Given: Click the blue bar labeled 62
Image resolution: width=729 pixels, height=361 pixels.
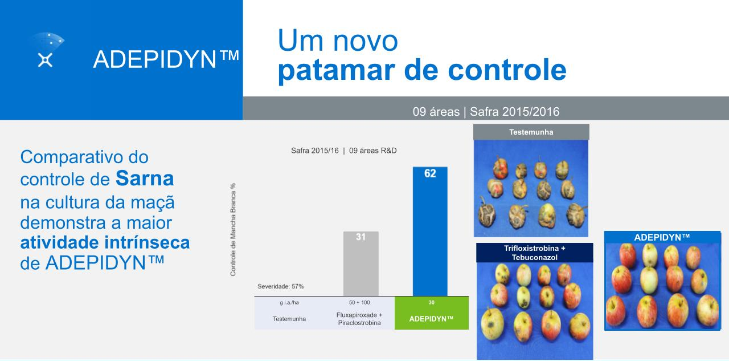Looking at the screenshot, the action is (x=430, y=232).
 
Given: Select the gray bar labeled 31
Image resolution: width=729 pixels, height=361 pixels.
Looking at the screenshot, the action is (x=361, y=263).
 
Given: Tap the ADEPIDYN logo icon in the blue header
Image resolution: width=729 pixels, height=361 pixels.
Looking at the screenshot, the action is (x=47, y=50).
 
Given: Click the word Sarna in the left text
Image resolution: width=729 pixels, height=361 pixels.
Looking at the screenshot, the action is (x=145, y=179).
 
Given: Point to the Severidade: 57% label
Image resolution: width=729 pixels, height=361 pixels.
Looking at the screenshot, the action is (x=281, y=286).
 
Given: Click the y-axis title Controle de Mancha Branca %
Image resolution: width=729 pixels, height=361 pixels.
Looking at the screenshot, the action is (x=233, y=230).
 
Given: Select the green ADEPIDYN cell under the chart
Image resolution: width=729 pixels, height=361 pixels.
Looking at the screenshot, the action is (x=432, y=313).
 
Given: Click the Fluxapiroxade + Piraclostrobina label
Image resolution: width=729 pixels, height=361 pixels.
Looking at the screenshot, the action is (x=359, y=319).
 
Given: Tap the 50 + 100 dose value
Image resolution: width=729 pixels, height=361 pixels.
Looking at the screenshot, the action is (x=359, y=302).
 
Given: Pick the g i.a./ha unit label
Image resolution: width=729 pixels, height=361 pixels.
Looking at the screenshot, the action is (x=289, y=302).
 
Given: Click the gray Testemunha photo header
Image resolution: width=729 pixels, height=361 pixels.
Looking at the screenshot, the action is (x=531, y=132).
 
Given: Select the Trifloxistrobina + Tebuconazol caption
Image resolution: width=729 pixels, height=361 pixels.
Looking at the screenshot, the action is (x=535, y=253).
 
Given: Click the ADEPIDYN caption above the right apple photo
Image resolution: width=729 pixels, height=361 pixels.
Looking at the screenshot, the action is (x=662, y=237).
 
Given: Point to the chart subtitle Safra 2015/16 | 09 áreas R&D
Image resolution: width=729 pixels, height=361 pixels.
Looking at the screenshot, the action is (x=343, y=151).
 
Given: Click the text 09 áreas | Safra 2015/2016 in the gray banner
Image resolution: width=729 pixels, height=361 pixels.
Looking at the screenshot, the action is (x=486, y=112).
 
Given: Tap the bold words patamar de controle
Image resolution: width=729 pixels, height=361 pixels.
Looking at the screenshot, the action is (x=422, y=70).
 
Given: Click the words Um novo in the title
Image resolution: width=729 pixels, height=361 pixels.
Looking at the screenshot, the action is (x=338, y=40).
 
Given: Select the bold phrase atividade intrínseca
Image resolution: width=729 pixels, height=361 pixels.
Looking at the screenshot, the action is (x=105, y=243).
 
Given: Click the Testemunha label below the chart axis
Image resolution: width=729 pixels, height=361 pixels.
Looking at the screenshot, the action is (x=289, y=319).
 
